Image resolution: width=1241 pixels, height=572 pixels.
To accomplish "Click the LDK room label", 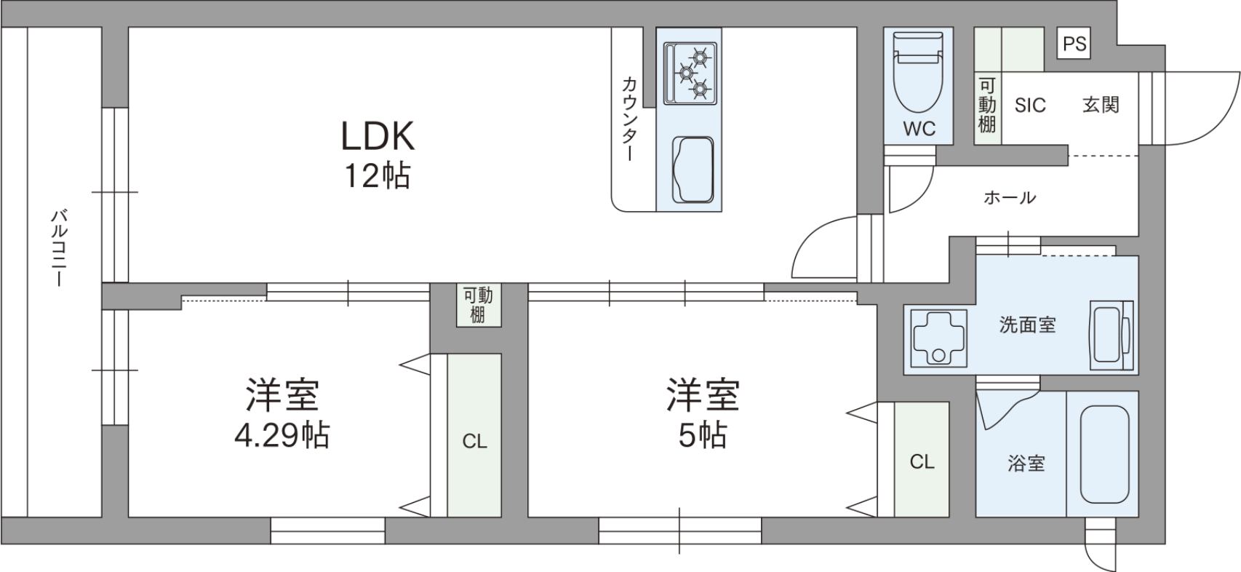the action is pos(378,136).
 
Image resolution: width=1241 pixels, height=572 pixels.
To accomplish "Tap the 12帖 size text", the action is pos(378,176).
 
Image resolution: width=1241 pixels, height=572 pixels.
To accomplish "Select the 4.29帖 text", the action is pos(282,435).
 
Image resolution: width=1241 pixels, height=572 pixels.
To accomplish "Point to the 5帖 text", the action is pos(703,435).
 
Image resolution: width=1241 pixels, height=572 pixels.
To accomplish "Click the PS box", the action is pos(1074,43).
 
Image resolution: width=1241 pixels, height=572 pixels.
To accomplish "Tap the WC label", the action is pos(919,129).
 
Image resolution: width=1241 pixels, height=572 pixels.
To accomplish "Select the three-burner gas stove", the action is pos(690,74).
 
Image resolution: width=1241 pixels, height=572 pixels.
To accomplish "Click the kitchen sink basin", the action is pos(693,170).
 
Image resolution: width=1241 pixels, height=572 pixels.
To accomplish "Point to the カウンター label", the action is pos(629,119).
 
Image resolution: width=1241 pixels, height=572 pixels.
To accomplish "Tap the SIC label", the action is pos(1030,105).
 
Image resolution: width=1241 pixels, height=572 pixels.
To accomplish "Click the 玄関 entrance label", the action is pos(1101,105).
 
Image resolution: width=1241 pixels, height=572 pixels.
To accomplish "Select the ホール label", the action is pos(1010,197).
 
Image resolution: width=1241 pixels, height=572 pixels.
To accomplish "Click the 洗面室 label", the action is pos(1028,325).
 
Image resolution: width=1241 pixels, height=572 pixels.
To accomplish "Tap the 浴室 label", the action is pos(1026,464).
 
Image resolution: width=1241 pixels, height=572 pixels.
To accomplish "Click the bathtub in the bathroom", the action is pos(1105,455).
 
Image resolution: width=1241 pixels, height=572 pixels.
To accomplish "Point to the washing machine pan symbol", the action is pos(935,338).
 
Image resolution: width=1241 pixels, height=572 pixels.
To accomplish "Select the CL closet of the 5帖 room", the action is pos(922,460).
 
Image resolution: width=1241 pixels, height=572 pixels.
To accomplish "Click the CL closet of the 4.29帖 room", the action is pos(474,436).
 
